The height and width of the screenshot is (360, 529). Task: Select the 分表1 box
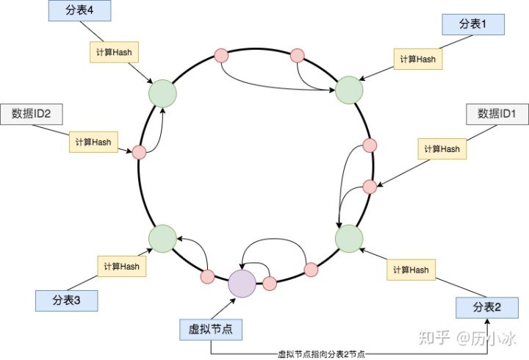473,24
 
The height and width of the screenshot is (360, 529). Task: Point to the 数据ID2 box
31,114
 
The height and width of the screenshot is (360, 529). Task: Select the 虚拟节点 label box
211,330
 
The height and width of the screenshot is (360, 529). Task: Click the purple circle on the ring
242,283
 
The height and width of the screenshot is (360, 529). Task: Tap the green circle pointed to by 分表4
162,93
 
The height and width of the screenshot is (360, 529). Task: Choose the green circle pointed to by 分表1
350,90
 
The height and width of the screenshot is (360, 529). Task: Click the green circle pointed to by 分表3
162,238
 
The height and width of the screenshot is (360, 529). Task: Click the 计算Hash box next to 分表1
418,59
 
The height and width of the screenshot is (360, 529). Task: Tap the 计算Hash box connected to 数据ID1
442,149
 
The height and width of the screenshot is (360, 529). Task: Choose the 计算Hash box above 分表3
121,266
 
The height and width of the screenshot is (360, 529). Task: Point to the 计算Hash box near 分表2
410,270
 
